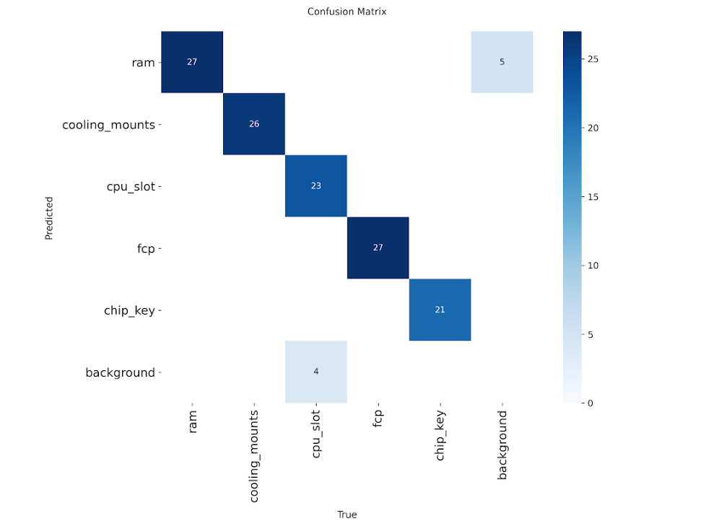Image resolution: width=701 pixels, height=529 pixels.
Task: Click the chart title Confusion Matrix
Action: [x=347, y=12]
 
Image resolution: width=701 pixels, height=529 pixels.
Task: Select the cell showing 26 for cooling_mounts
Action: [x=254, y=124]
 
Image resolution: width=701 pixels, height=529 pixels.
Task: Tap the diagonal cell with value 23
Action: [x=315, y=185]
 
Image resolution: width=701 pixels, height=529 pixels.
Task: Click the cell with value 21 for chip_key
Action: [x=440, y=310]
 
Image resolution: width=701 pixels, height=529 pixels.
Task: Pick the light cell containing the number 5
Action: [x=502, y=62]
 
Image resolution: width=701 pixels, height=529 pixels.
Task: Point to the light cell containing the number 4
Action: [x=315, y=371]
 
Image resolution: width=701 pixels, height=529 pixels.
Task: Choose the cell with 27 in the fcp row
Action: [x=378, y=248]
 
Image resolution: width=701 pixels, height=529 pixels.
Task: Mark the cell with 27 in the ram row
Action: [x=192, y=62]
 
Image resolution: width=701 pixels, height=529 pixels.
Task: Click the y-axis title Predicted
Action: [x=49, y=218]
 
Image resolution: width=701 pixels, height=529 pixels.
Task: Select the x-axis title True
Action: [x=347, y=515]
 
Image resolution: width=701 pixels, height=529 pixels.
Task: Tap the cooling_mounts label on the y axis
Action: [x=108, y=125]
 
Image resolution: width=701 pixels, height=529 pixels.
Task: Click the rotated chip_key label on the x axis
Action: [x=440, y=437]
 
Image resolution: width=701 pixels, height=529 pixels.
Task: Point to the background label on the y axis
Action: [x=120, y=372]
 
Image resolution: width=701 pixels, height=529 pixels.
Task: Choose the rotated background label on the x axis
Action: [x=502, y=445]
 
